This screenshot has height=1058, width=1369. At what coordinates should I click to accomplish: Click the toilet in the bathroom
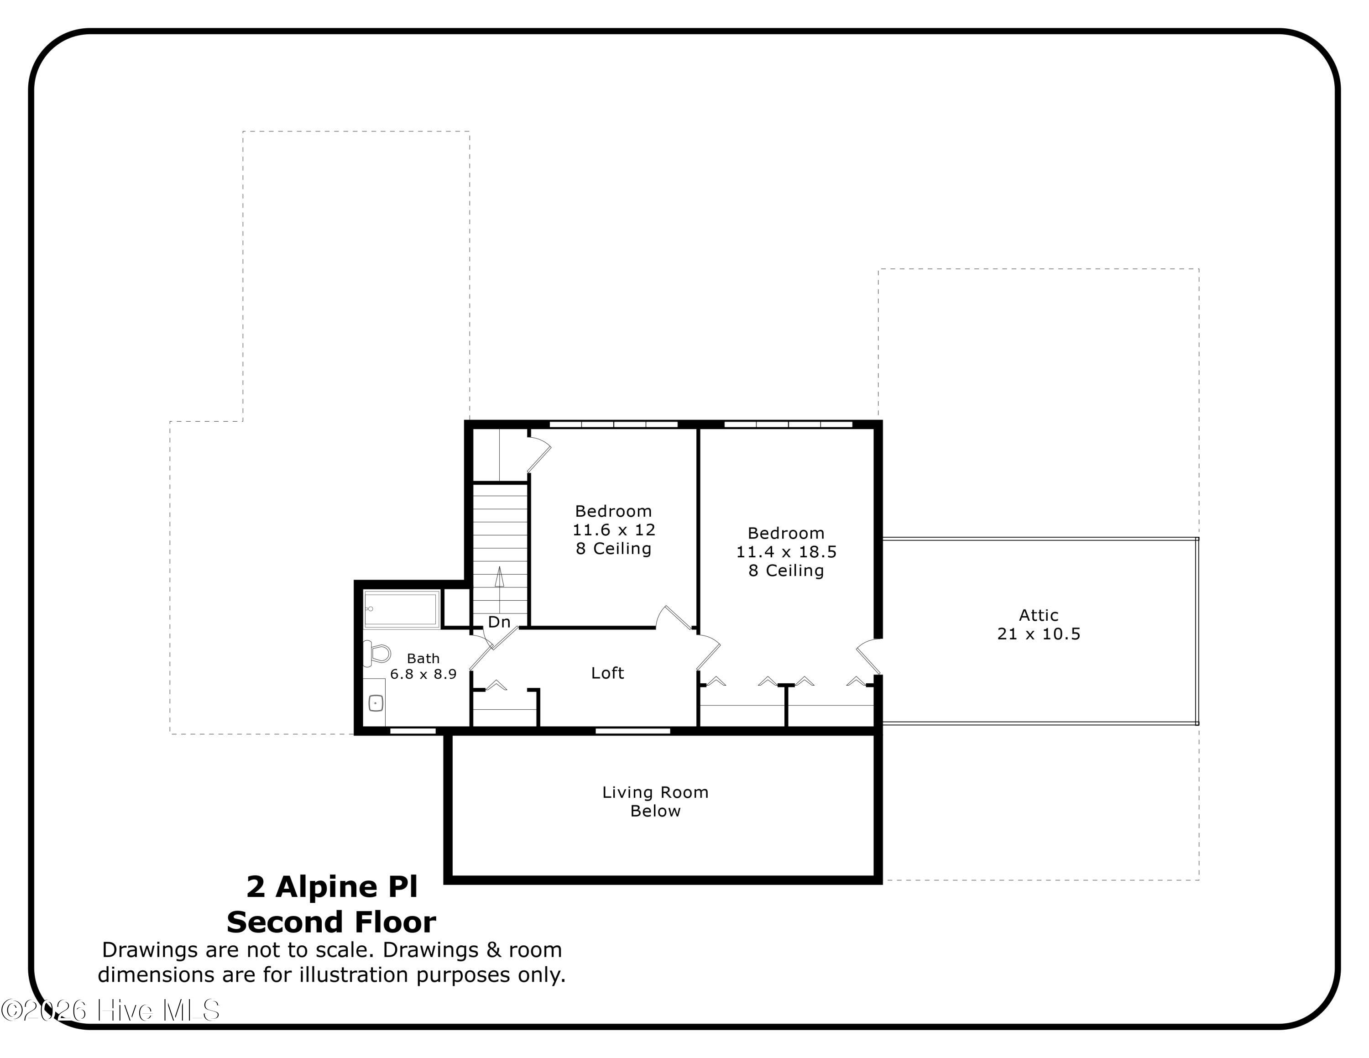point(377,653)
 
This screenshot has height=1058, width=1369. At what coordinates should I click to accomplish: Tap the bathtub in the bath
point(401,608)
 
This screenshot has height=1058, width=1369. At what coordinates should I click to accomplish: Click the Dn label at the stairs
point(500,622)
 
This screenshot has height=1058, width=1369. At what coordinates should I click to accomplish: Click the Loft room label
point(607,673)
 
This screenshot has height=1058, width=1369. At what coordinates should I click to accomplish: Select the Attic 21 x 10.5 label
point(1039,624)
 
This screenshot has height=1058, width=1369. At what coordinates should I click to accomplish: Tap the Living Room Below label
point(655,801)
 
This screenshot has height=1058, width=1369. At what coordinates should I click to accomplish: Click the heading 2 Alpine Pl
point(332,886)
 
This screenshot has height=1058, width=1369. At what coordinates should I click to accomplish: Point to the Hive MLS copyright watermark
point(110,1011)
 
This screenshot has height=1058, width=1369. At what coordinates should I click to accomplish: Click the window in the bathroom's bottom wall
point(413,731)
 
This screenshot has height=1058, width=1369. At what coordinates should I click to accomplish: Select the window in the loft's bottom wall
point(632,731)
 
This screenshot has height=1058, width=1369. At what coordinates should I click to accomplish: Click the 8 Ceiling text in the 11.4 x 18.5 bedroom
point(786,571)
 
